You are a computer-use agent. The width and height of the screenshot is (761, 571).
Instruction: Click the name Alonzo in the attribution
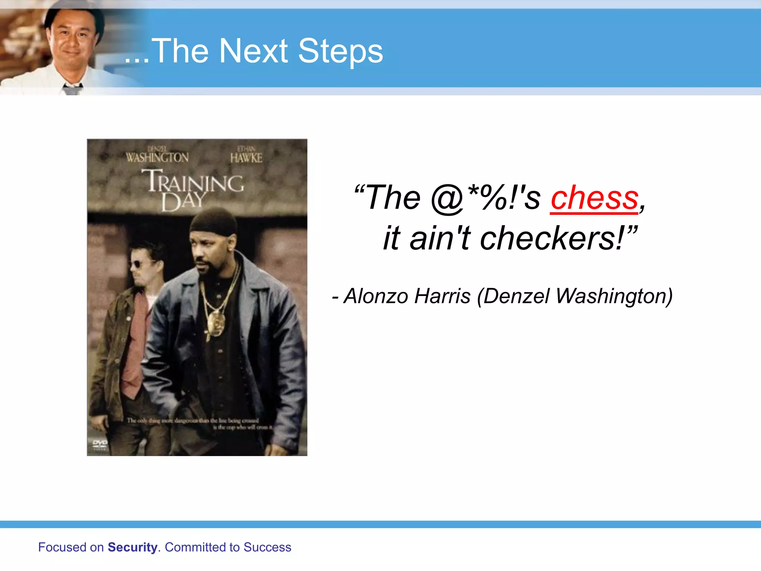[376, 296]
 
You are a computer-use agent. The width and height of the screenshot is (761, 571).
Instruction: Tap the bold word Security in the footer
[132, 547]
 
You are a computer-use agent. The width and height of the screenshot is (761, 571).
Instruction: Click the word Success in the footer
[267, 547]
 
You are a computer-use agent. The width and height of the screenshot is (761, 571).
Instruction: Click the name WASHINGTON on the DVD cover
[157, 158]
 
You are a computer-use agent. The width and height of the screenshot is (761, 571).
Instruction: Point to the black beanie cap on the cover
[213, 222]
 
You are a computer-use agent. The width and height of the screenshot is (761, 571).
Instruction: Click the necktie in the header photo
[72, 90]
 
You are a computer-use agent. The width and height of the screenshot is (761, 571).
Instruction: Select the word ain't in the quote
[440, 238]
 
